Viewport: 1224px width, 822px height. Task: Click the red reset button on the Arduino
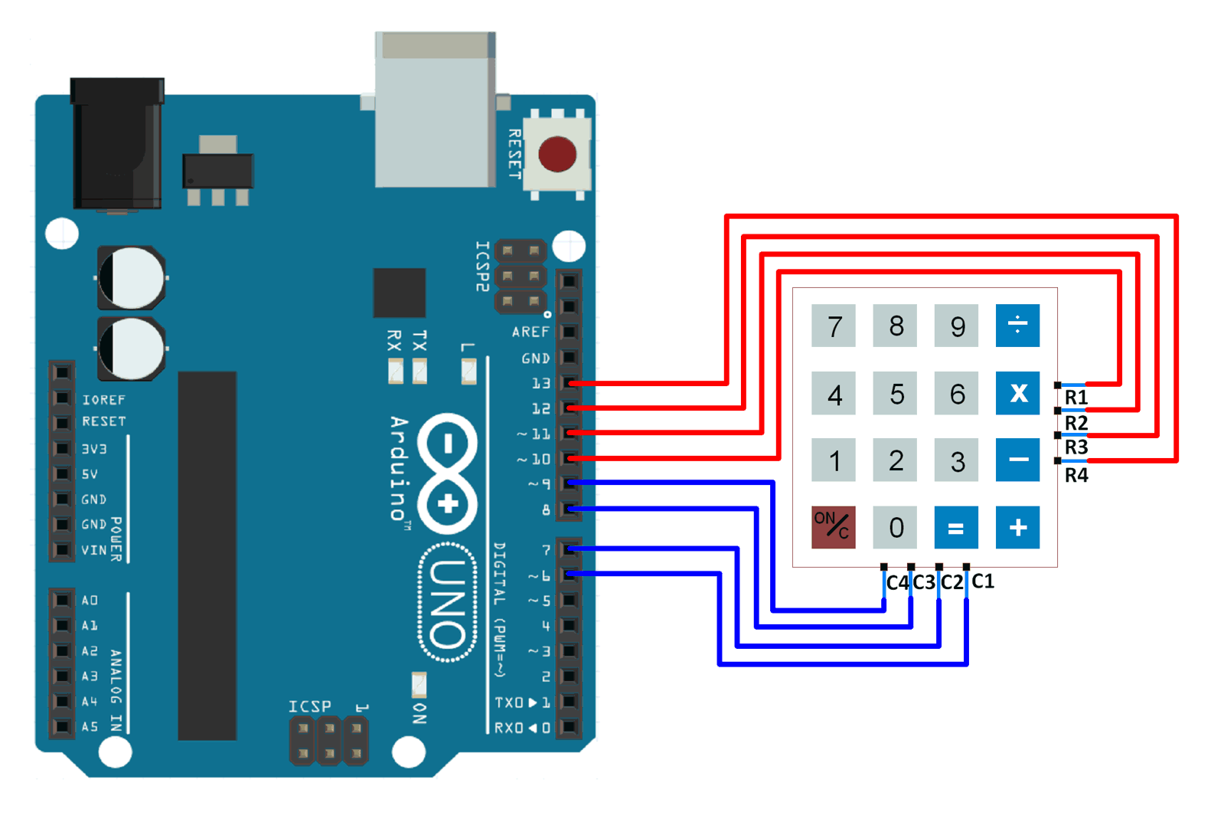[557, 154]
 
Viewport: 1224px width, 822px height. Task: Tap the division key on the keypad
[1017, 325]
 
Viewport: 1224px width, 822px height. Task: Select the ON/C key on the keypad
[833, 527]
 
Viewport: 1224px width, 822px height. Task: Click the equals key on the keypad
[955, 527]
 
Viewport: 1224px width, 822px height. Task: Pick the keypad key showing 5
[896, 394]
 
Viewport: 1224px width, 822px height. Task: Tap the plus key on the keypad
[1017, 527]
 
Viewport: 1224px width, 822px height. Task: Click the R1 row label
[1075, 398]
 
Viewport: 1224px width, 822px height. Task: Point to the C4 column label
[896, 583]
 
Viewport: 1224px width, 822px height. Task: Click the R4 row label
[1075, 476]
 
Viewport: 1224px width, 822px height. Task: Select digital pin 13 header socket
[569, 382]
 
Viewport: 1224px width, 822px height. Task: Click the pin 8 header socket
[569, 509]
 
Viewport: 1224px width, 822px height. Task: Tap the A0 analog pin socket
[62, 600]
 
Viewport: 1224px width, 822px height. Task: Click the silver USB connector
[434, 110]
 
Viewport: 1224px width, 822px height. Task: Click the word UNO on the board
[448, 602]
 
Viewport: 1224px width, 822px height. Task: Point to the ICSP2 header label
[481, 266]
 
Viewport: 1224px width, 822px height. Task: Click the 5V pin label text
[90, 474]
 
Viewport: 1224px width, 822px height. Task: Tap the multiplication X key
[1017, 394]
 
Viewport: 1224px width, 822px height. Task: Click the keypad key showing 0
[896, 527]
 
